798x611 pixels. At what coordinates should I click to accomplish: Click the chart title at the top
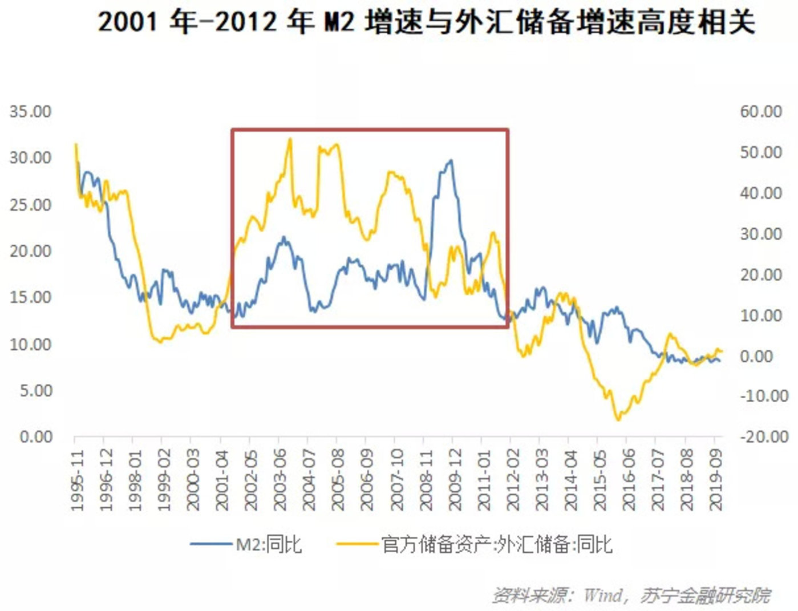(x=427, y=23)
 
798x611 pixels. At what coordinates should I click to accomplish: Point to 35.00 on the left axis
(x=30, y=112)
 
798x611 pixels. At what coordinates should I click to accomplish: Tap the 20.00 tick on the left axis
(x=30, y=251)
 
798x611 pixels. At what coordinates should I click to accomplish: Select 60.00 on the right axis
(x=761, y=112)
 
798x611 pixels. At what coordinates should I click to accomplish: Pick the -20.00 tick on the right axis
(x=764, y=437)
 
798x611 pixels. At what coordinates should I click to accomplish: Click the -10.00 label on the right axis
(x=764, y=396)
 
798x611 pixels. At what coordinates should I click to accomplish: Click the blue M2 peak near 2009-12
(x=451, y=160)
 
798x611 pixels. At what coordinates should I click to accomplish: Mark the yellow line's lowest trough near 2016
(x=618, y=420)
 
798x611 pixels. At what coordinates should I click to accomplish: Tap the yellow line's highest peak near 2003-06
(x=290, y=139)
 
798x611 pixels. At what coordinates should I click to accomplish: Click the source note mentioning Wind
(x=631, y=595)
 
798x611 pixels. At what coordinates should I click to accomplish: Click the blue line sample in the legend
(x=212, y=544)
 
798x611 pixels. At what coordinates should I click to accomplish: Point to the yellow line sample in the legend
(x=357, y=544)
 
